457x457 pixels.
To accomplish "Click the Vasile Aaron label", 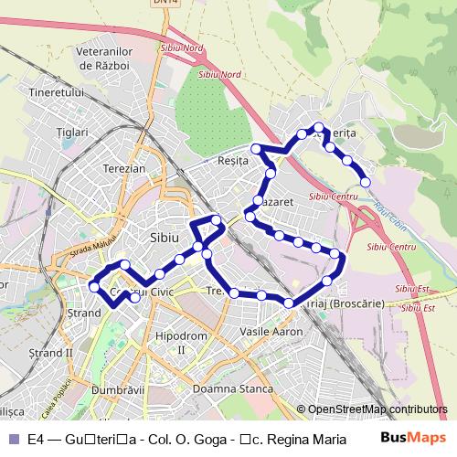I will tap(270, 331).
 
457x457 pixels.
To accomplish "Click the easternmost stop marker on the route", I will tap(366, 182).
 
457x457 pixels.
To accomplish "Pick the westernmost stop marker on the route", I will tap(92, 287).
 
